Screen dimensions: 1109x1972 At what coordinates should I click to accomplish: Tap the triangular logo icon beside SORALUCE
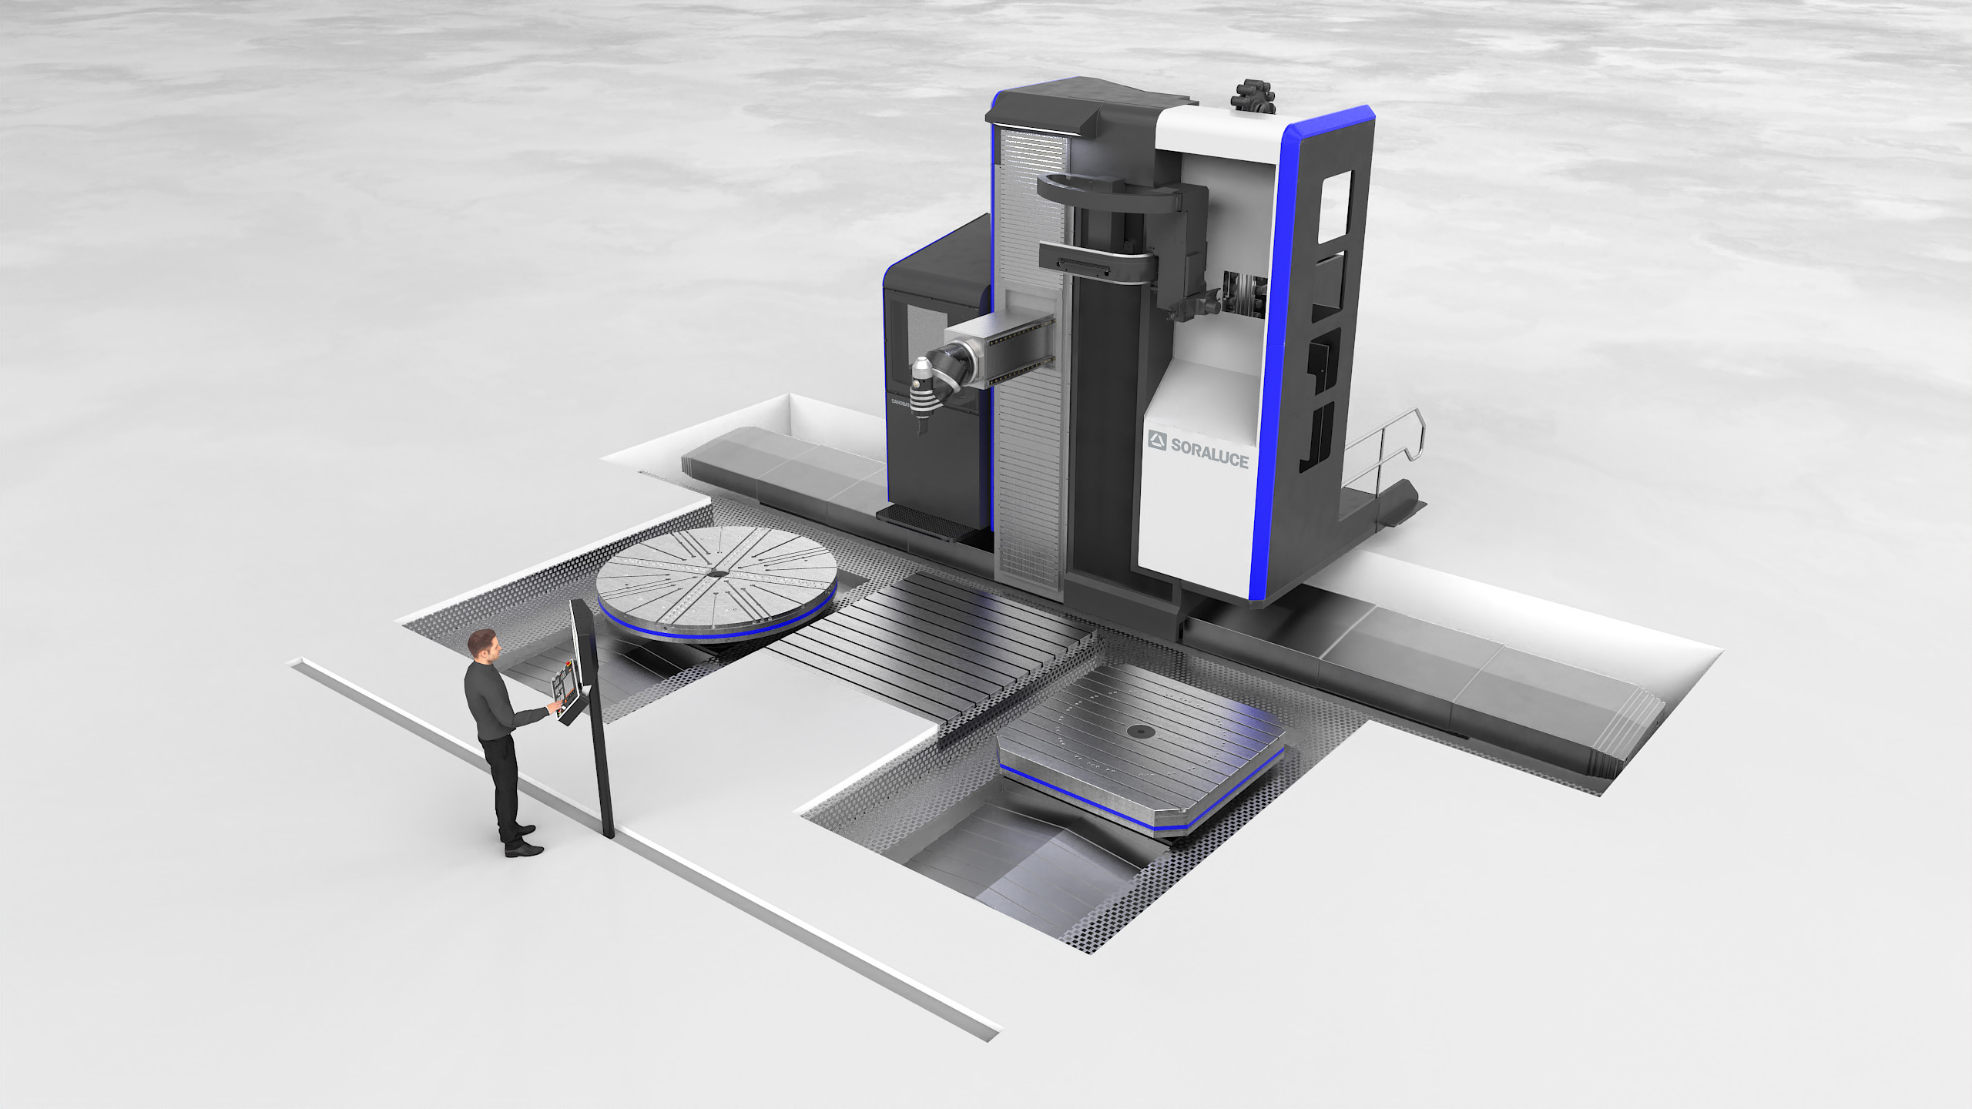point(1158,441)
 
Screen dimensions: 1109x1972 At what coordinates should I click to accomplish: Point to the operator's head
point(483,645)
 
